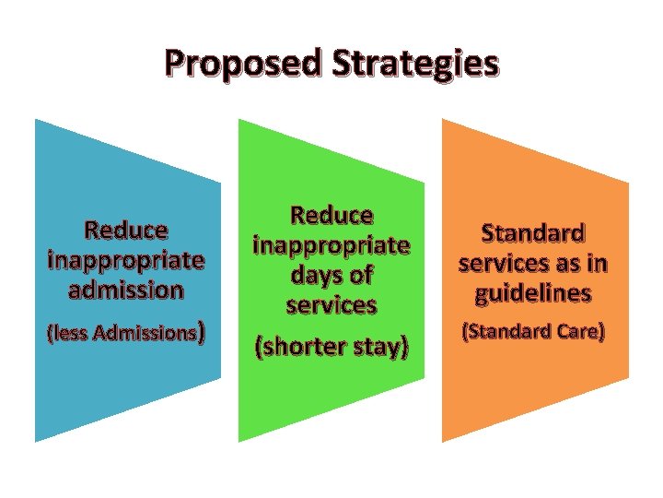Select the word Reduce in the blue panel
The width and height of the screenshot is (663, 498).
[126, 229]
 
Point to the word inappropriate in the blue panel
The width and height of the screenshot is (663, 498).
[126, 259]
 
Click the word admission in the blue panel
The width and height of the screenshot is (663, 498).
[126, 290]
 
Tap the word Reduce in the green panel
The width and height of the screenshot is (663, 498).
[331, 216]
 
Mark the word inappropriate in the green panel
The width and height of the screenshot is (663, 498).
[331, 246]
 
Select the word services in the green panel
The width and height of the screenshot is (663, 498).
[331, 304]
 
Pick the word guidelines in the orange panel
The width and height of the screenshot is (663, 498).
[533, 295]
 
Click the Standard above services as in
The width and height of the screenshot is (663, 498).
[533, 231]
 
